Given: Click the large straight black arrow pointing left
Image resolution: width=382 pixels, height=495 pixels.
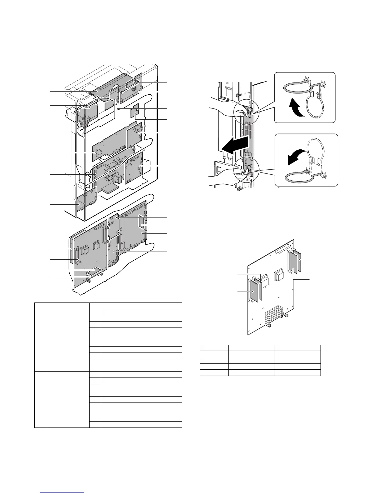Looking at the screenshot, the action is [x=234, y=145].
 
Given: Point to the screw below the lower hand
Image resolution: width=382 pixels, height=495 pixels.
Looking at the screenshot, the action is [x=240, y=189].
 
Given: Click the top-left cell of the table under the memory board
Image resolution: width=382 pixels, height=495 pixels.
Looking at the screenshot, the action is [x=214, y=348].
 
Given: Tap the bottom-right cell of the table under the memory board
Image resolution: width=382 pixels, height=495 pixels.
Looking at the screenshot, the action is [x=297, y=372].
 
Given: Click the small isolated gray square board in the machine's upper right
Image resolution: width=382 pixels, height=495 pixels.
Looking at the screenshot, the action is [x=135, y=113].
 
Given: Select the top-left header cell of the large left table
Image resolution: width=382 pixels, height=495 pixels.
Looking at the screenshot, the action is [x=62, y=305].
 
